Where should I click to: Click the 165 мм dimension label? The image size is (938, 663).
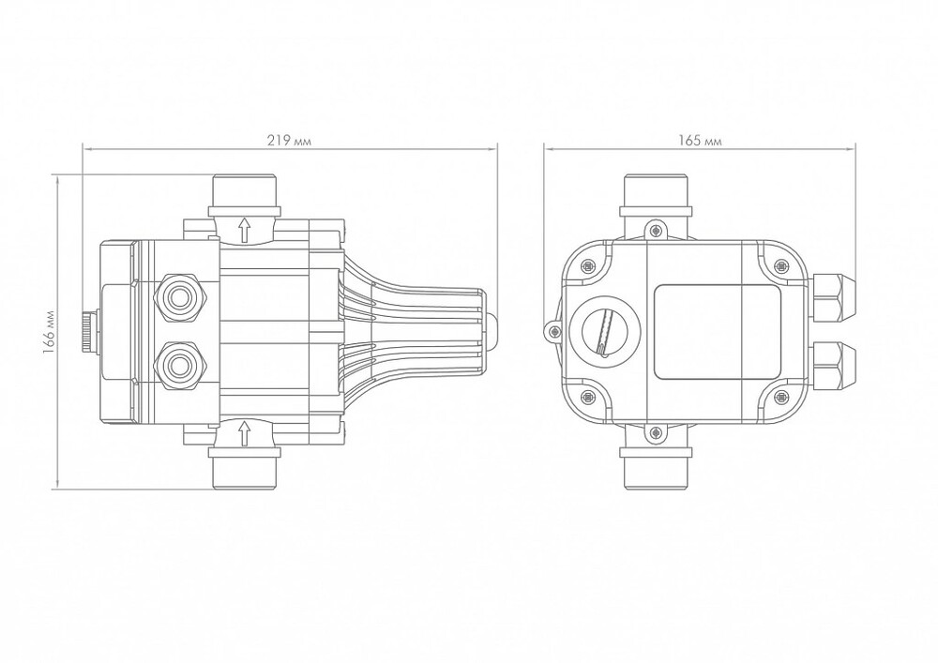point(700,141)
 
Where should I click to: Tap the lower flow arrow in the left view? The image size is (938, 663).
point(245,433)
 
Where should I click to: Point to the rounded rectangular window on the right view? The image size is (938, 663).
point(715,332)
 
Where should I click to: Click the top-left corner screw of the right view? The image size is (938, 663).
point(588,266)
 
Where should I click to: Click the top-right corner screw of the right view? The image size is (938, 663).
point(780,266)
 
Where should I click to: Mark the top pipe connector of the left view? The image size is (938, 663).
point(245,191)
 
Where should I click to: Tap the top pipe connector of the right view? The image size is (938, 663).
point(657,193)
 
